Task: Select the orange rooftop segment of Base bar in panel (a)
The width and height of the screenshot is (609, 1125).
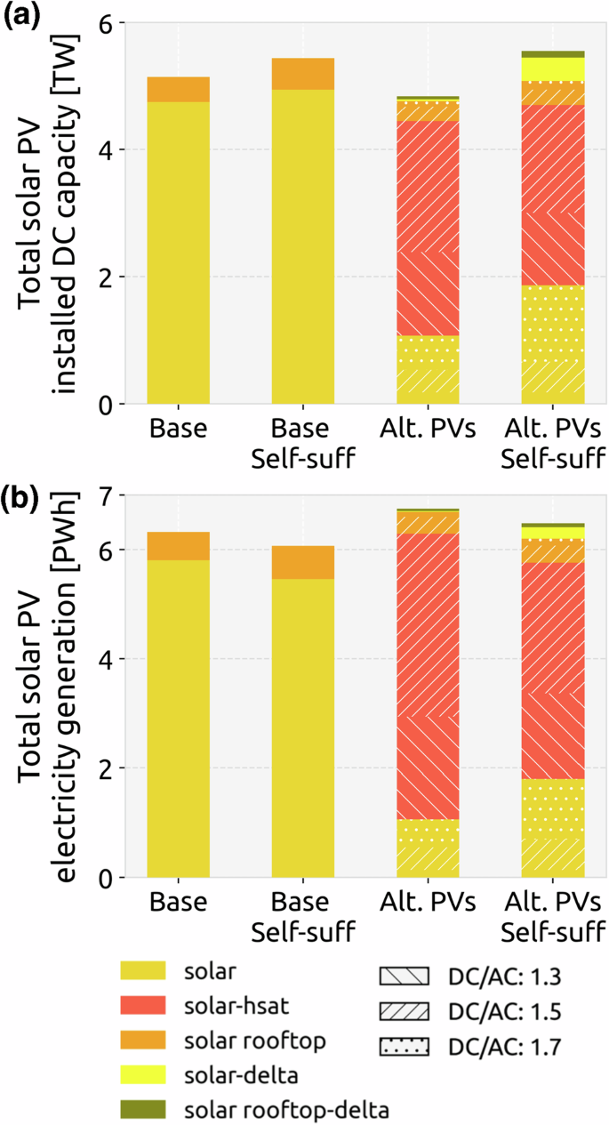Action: click(178, 90)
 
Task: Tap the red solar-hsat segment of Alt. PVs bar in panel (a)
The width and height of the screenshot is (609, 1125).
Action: click(428, 228)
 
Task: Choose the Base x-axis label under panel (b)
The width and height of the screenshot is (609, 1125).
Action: click(178, 902)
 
